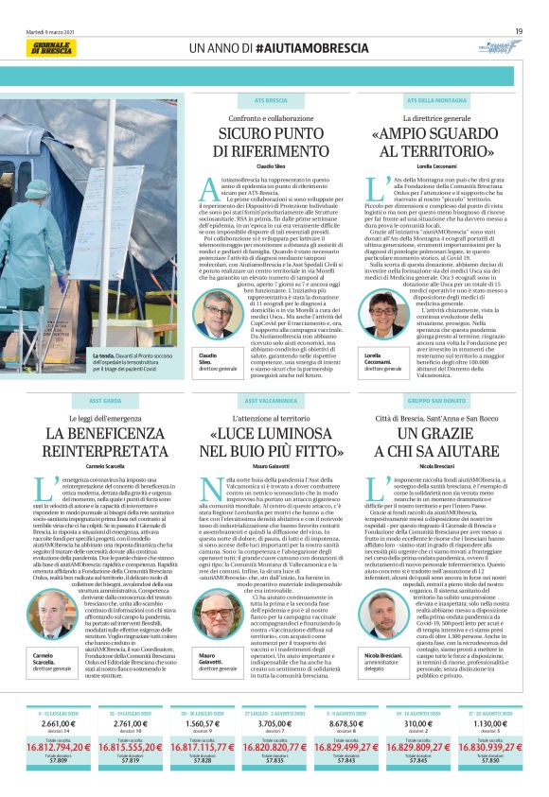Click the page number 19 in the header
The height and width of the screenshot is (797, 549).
pyautogui.click(x=519, y=30)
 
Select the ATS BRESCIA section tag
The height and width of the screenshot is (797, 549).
pyautogui.click(x=271, y=99)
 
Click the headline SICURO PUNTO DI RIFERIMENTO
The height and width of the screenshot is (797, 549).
pyautogui.click(x=271, y=143)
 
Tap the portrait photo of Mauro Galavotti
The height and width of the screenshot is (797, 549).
pyautogui.click(x=218, y=617)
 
